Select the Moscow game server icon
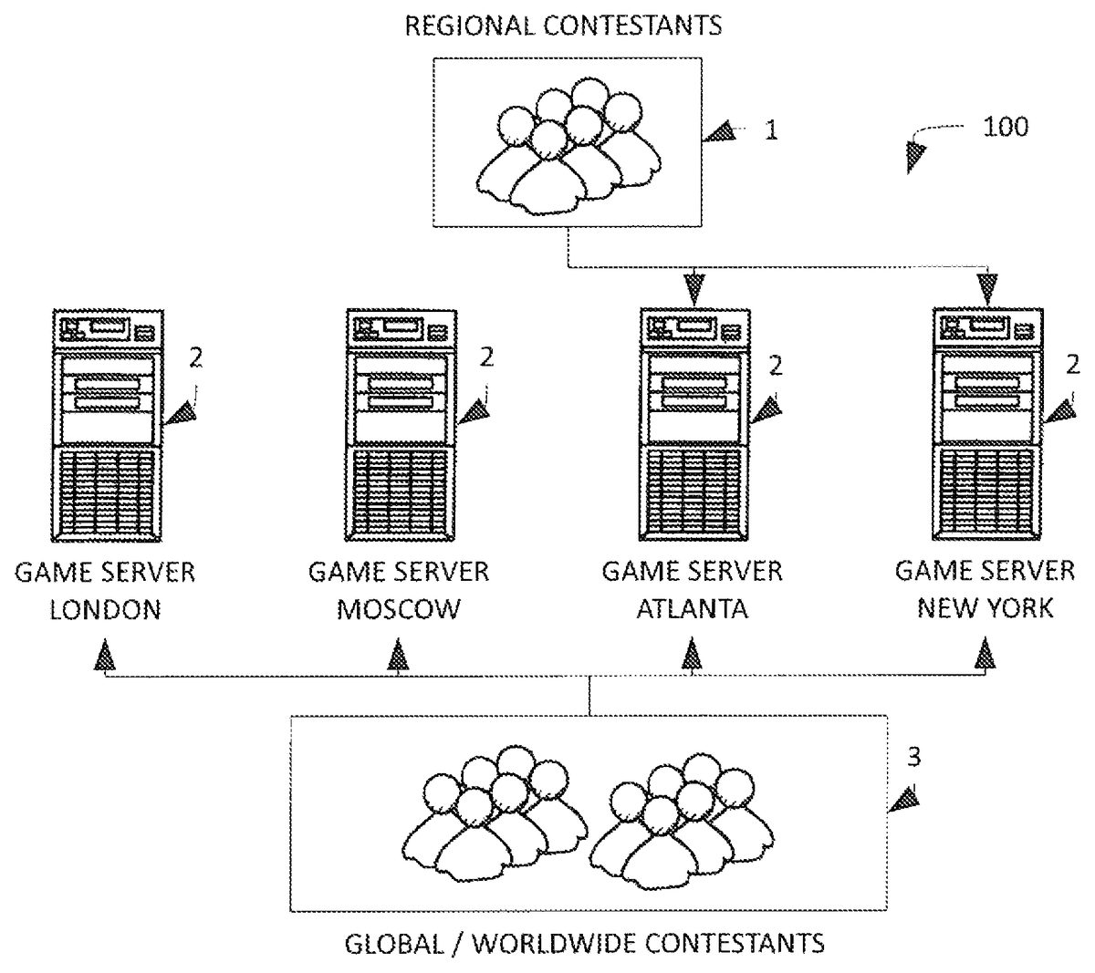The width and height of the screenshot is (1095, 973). (399, 426)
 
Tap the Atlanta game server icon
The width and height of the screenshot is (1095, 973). (693, 426)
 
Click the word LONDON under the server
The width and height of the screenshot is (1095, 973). (105, 609)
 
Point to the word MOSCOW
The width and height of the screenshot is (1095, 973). (399, 609)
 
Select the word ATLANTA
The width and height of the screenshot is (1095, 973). (692, 609)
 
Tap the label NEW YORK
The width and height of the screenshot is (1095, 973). (985, 608)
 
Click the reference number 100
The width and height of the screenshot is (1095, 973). (1006, 127)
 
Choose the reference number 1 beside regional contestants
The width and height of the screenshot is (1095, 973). (771, 130)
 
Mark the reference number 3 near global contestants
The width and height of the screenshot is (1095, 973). (913, 757)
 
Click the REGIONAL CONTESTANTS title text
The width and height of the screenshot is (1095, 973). (563, 25)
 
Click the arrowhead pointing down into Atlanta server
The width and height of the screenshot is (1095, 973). (694, 291)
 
